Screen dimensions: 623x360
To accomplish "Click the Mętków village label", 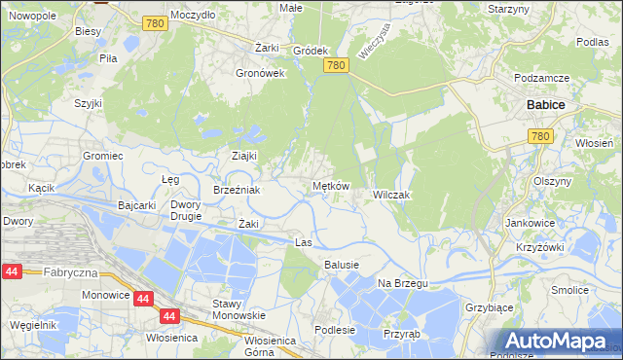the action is tap(330, 186).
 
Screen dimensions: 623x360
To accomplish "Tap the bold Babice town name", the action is tap(546, 104).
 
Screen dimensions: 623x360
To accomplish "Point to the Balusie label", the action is tap(342, 265).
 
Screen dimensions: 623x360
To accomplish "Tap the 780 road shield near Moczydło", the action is tap(152, 21).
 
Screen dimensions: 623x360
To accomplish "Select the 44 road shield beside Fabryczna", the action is tap(13, 273).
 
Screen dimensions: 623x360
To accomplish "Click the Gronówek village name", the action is tap(260, 73).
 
